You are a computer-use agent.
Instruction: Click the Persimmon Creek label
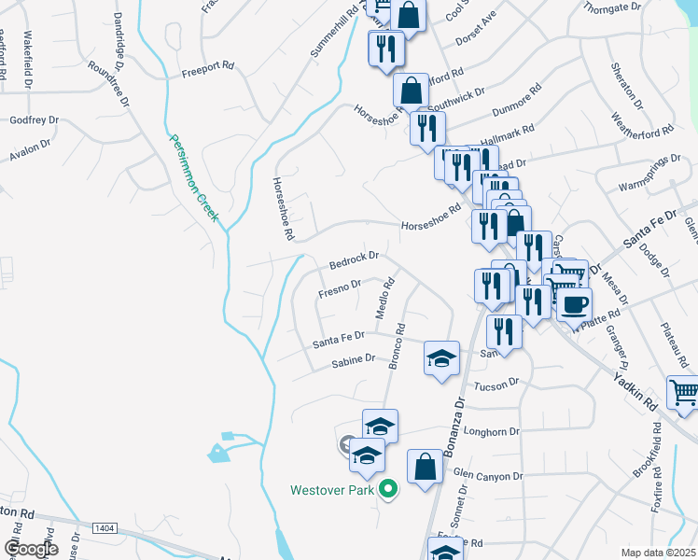193,178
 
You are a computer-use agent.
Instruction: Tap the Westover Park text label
331,489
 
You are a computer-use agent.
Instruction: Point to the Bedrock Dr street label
354,257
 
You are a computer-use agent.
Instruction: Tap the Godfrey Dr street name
34,120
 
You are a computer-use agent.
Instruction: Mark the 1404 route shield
105,528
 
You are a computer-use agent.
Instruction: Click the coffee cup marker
574,303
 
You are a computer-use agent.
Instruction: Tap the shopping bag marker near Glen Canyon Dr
425,467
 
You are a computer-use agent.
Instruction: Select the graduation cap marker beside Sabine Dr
442,359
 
